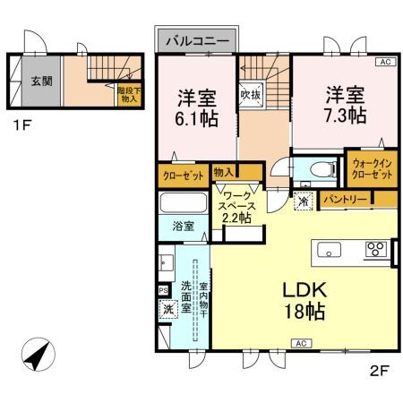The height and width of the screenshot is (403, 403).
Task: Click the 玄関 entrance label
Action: pos(41,81)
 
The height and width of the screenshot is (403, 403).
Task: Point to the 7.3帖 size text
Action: pos(344,116)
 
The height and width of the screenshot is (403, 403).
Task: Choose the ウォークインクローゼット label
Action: pos(371,168)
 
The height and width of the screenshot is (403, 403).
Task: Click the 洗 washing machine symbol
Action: pos(167,310)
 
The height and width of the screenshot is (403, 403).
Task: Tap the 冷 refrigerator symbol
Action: pos(303,202)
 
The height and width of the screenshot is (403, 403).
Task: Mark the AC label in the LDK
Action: pos(301,343)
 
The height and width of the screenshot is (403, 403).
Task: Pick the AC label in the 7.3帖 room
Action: pos(385,62)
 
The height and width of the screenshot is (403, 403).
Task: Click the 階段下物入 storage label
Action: pos(127,93)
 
